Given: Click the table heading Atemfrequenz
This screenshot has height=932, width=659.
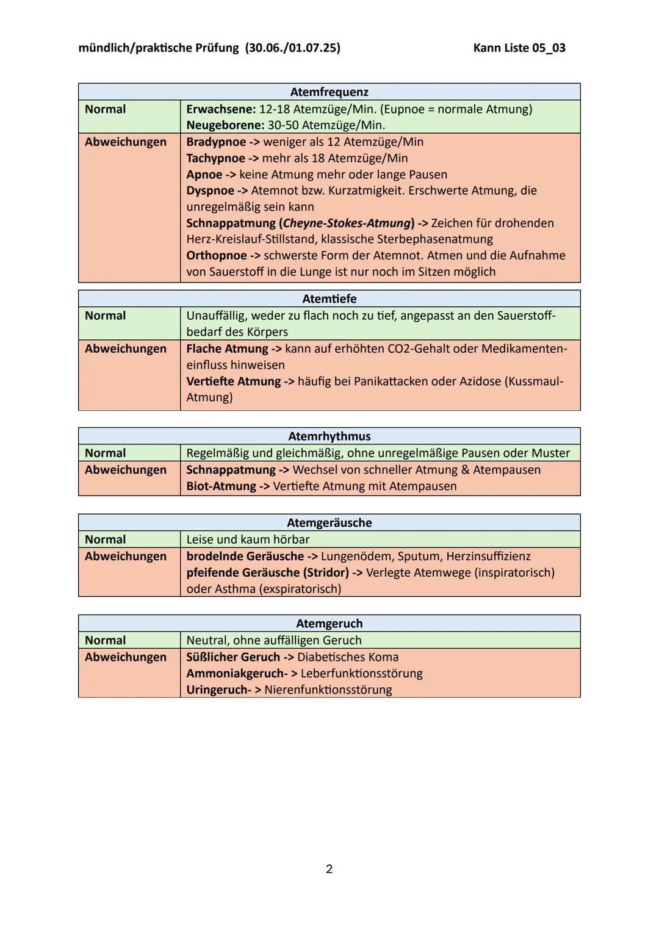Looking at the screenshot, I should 329,92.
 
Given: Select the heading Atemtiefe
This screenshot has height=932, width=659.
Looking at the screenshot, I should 329,299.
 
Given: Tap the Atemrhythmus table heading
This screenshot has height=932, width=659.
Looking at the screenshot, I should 329,436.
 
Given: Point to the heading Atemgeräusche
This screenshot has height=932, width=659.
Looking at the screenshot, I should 329,523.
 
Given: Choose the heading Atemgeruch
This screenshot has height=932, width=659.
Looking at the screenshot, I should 329,624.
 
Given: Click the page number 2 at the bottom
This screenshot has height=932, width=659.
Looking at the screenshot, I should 329,869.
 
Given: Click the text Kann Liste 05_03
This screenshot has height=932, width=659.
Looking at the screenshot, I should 519,48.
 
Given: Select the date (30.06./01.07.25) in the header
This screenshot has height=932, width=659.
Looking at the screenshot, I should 292,48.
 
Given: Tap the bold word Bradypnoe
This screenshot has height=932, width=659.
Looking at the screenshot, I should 216,142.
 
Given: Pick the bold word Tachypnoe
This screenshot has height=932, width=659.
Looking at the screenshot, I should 215,159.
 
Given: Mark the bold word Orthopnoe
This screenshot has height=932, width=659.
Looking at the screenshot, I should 217,256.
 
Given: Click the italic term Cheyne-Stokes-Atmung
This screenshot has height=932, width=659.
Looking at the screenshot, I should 347,223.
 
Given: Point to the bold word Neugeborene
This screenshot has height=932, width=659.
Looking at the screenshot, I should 224,126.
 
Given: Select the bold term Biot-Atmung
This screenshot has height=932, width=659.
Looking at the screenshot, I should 221,486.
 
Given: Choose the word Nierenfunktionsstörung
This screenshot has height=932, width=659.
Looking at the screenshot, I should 328,690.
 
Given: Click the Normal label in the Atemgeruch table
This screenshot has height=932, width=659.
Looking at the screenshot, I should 105,641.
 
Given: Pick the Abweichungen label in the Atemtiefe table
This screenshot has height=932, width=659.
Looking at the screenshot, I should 125,349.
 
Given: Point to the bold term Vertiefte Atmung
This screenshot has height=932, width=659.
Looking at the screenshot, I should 233,381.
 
